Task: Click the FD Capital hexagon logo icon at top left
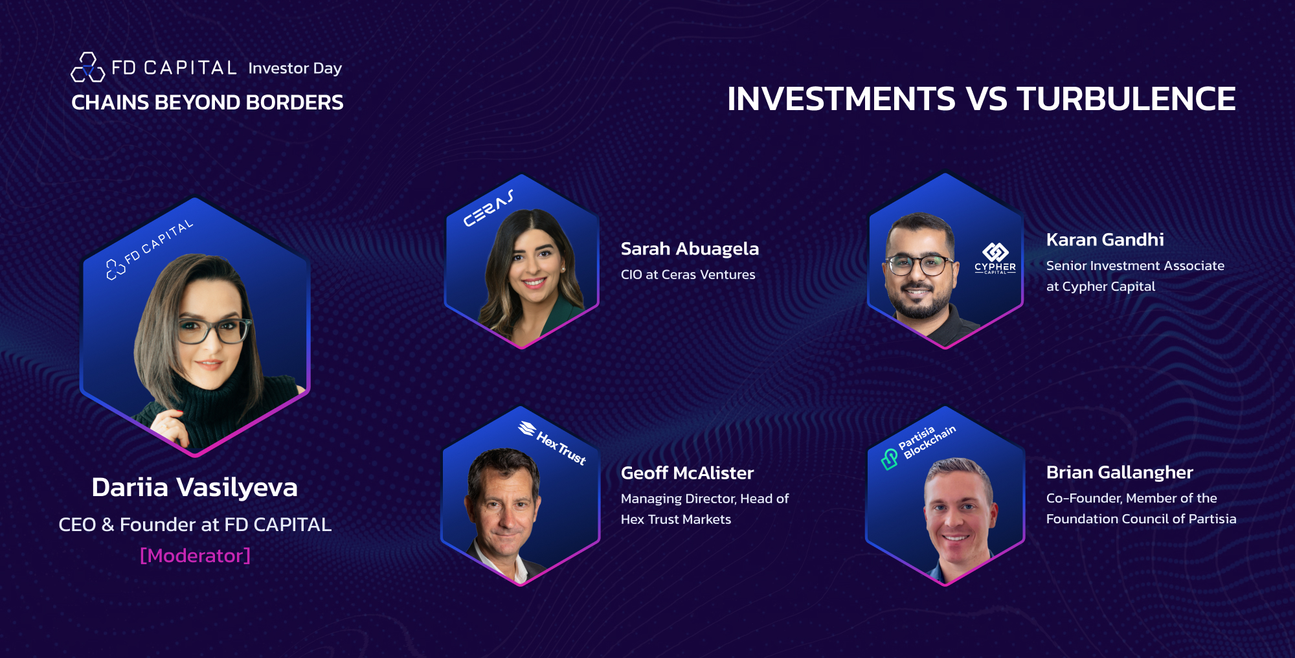(88, 67)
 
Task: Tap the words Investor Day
(295, 69)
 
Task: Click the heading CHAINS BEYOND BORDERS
(207, 102)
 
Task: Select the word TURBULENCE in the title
(1127, 99)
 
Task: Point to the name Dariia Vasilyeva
(195, 488)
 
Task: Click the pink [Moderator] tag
(195, 555)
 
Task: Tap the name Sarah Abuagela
(690, 249)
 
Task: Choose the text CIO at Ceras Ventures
(688, 275)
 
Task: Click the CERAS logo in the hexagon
(489, 209)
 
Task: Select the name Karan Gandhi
(1105, 240)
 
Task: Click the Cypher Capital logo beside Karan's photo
(995, 258)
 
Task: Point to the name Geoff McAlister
(687, 473)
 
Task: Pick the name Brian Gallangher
(1120, 472)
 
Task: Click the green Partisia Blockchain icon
(890, 459)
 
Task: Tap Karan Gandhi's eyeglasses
(919, 265)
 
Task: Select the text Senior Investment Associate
(1135, 266)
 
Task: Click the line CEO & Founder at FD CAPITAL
(195, 525)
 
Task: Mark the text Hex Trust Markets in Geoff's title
(676, 519)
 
